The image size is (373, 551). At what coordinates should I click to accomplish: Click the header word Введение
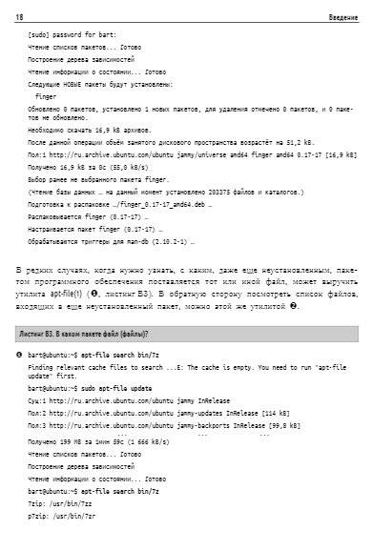(343, 18)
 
